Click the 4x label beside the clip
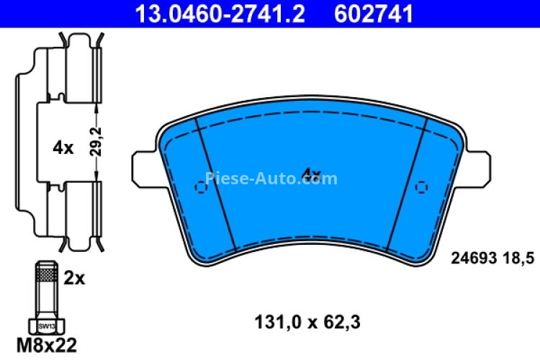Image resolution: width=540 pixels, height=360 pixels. pos(63,148)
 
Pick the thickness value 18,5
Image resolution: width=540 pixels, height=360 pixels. pos(513,256)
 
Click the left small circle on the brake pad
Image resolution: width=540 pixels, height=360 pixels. pos(200,187)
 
